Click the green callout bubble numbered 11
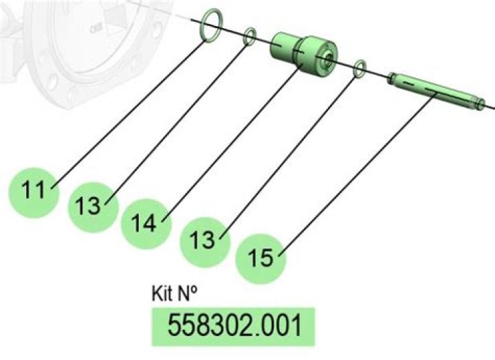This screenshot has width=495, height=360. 34,192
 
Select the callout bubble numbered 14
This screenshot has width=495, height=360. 146,224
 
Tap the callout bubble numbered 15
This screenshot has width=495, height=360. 261,259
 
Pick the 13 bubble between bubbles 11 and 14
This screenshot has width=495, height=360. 93,207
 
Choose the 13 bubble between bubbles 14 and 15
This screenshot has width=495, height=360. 205,242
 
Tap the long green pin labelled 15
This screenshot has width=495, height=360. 436,91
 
